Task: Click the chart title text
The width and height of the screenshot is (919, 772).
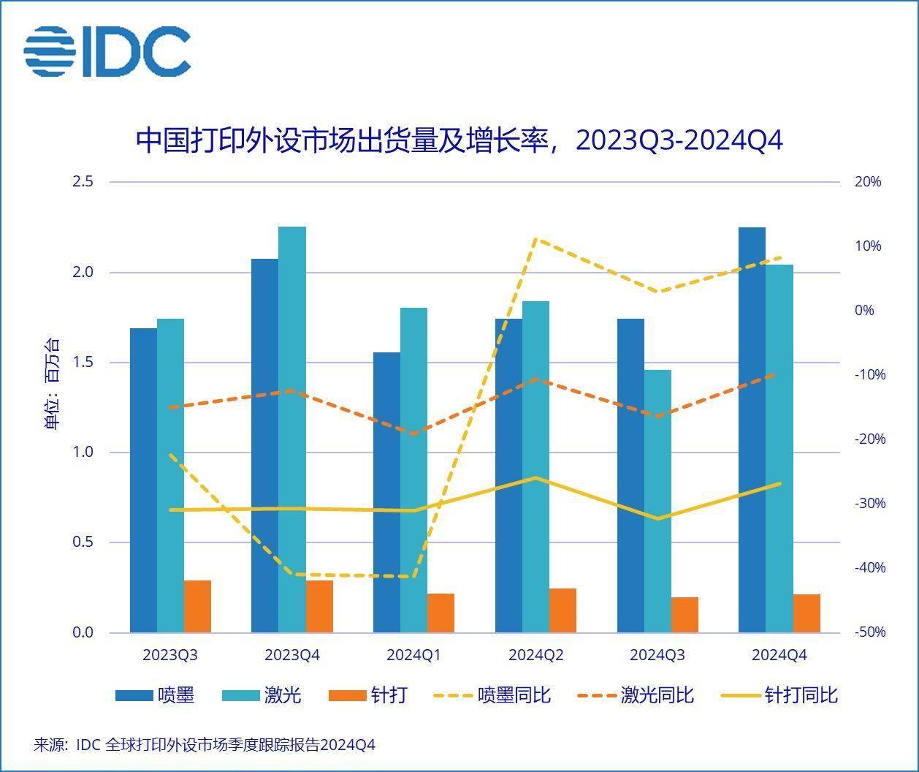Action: [x=459, y=140]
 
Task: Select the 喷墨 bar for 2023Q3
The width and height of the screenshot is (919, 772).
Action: [x=143, y=480]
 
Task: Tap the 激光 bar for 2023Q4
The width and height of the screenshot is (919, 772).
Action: [x=292, y=429]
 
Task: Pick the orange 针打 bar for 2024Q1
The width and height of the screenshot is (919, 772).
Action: [x=441, y=613]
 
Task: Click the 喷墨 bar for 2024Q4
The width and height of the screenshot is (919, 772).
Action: [x=752, y=429]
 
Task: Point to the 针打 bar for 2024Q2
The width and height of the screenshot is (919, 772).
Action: [x=563, y=610]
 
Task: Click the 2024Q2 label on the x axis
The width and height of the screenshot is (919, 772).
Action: [x=535, y=655]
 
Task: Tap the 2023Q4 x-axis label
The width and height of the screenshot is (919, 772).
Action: [x=292, y=655]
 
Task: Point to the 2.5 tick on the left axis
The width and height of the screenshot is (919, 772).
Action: [x=83, y=181]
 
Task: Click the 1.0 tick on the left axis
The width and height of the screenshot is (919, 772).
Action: [x=83, y=453]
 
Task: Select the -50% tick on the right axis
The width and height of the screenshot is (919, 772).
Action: [x=869, y=632]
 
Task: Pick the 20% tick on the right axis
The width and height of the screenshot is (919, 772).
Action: [x=868, y=182]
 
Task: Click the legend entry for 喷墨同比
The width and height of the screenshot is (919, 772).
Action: [x=492, y=695]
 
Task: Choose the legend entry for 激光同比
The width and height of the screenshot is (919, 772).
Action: [x=636, y=695]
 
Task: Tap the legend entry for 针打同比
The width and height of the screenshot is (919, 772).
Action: [x=779, y=695]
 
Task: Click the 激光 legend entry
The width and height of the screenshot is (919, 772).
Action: [x=262, y=695]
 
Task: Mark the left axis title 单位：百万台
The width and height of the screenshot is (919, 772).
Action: [x=53, y=384]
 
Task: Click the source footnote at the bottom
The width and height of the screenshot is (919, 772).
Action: [x=205, y=745]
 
